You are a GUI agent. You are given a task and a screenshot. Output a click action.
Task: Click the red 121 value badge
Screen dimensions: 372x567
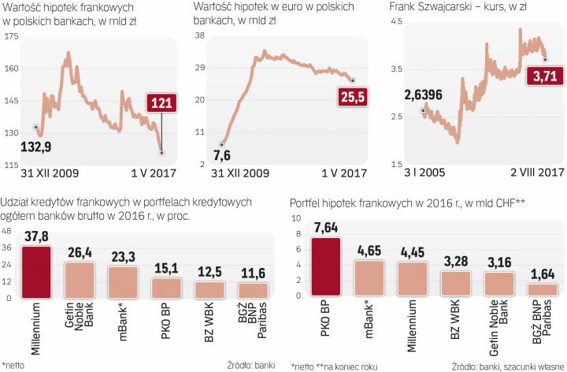pyautogui.click(x=164, y=102)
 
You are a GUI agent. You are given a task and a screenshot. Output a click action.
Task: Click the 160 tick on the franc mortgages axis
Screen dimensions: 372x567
pyautogui.click(x=9, y=69)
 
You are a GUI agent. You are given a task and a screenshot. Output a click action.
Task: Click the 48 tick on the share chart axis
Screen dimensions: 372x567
pyautogui.click(x=7, y=232)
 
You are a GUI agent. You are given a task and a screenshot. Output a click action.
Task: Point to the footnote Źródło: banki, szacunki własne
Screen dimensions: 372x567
pyautogui.click(x=508, y=366)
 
